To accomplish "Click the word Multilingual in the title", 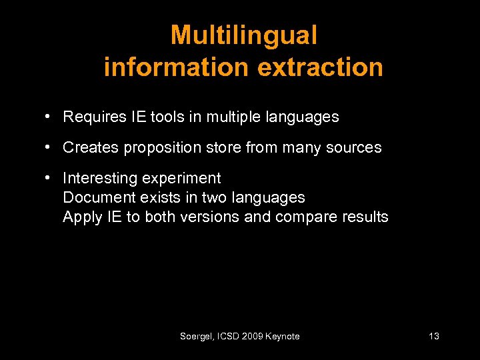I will pos(243,35).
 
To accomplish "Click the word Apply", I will pos(79,217).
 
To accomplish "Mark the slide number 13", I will pos(433,337).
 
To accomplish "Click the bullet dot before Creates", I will pos(49,147).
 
